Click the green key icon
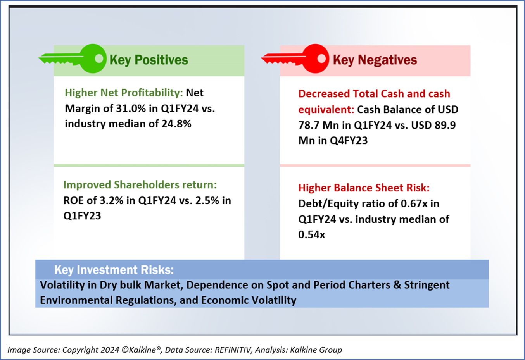click(x=78, y=59)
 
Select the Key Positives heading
click(x=149, y=60)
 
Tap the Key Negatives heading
click(x=375, y=60)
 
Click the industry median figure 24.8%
click(x=176, y=124)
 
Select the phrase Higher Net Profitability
click(x=124, y=93)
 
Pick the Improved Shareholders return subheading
click(x=140, y=185)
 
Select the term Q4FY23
click(x=349, y=141)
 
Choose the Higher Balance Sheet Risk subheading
click(x=364, y=188)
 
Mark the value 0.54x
click(x=311, y=235)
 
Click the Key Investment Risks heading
click(x=114, y=270)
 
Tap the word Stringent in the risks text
click(x=427, y=285)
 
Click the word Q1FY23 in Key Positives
click(x=82, y=216)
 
